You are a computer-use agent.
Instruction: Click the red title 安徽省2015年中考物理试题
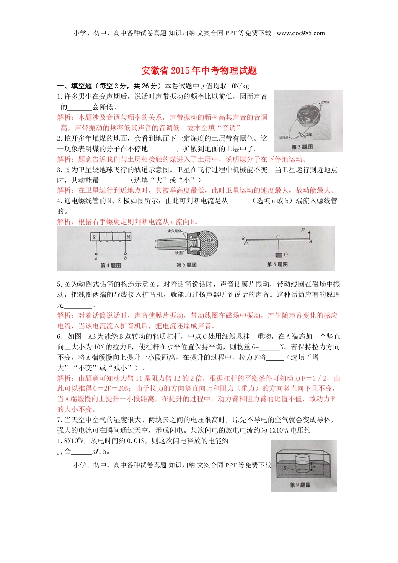[x=199, y=70]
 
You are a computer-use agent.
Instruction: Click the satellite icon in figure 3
[x=302, y=135]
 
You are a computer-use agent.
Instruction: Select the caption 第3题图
[x=302, y=147]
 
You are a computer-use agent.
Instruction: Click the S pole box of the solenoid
[x=94, y=237]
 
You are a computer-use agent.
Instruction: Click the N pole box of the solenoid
[x=128, y=237]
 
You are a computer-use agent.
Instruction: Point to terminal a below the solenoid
[x=96, y=255]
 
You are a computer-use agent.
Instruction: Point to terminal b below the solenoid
[x=125, y=255]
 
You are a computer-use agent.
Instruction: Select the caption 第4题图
[x=111, y=266]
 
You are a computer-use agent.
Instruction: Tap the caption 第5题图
[x=186, y=265]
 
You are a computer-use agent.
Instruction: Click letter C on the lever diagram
[x=278, y=237]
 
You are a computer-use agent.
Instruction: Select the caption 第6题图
[x=277, y=264]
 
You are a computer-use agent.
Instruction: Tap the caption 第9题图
[x=300, y=485]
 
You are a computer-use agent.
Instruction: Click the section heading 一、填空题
[x=75, y=86]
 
